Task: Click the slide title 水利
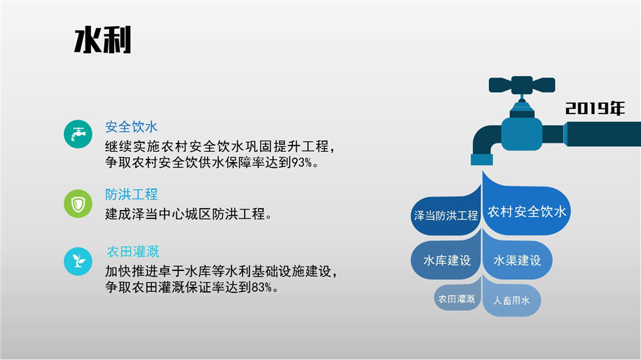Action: pos(103,40)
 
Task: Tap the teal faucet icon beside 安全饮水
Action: pos(78,134)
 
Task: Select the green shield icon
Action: pos(78,204)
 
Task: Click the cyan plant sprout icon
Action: pos(78,261)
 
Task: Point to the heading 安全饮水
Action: pos(131,127)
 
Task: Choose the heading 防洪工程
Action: pos(131,195)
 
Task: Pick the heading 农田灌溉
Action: pos(133,252)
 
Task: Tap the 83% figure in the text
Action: pos(262,287)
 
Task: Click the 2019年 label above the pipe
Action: pos(595,108)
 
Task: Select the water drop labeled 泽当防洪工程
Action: pos(446,213)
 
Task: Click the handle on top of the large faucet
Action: pos(522,85)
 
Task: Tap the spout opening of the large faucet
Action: pos(481,160)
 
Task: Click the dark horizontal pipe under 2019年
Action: pos(603,134)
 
